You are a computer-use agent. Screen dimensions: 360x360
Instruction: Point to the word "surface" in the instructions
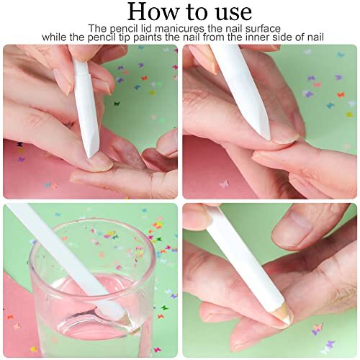point(252,28)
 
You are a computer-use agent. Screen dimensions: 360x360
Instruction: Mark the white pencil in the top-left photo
point(85,101)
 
